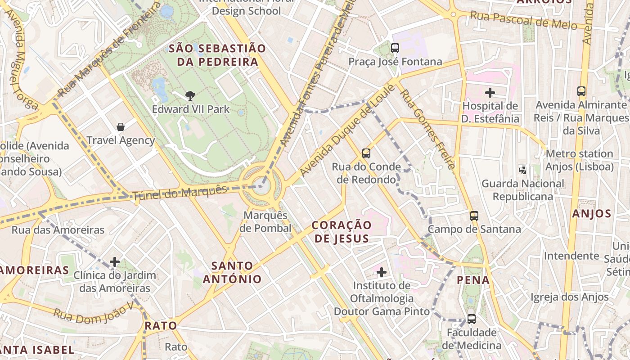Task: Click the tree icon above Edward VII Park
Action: click(190, 95)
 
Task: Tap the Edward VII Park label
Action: click(191, 109)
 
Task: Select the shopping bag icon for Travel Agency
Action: click(121, 127)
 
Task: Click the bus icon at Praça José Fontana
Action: click(395, 48)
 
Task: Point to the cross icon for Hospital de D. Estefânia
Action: click(490, 93)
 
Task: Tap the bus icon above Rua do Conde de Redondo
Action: click(366, 153)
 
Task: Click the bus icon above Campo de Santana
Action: click(474, 216)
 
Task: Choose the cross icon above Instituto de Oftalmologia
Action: click(382, 272)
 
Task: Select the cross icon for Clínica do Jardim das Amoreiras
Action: click(115, 261)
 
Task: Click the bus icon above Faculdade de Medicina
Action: click(472, 319)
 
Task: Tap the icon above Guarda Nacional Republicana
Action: click(522, 170)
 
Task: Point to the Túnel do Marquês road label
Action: click(179, 193)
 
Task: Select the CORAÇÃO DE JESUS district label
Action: click(342, 231)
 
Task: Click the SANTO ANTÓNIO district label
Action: click(232, 272)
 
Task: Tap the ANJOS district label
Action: click(592, 214)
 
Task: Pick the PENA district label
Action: click(473, 280)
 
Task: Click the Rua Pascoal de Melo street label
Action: click(523, 20)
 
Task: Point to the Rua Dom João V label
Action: click(94, 311)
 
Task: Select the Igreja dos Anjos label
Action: click(569, 297)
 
